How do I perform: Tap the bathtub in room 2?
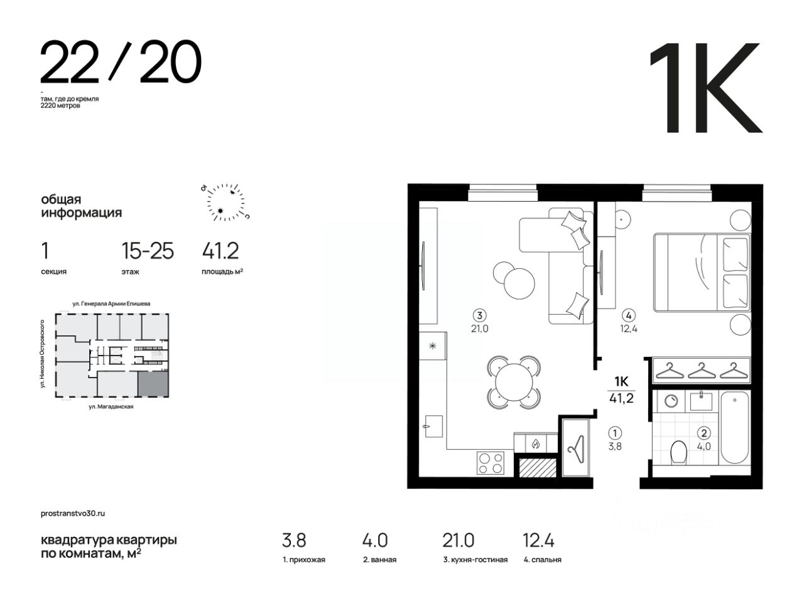click(734, 428)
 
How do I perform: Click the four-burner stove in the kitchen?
click(491, 463)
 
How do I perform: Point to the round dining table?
click(514, 383)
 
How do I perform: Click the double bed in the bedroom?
click(702, 273)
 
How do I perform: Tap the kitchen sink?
click(433, 426)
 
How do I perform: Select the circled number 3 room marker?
click(479, 315)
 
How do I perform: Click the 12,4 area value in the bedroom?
click(629, 329)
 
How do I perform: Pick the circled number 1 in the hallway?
click(615, 433)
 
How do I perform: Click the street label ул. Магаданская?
click(111, 406)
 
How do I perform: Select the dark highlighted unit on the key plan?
click(153, 384)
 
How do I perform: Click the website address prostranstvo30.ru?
click(73, 513)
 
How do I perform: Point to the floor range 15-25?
click(148, 251)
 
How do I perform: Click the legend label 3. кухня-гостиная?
click(475, 560)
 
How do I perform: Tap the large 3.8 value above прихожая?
click(294, 540)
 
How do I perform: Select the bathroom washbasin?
click(701, 401)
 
